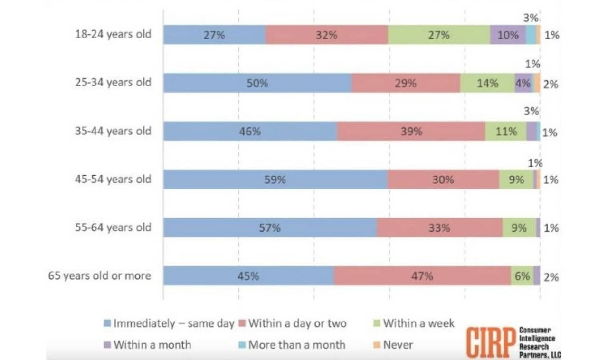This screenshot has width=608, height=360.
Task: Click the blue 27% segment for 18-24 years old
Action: point(214,35)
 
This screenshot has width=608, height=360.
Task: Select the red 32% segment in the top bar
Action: point(326,35)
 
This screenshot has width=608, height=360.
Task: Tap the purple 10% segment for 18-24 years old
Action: point(508,35)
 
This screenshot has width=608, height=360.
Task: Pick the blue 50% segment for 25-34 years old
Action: point(257,83)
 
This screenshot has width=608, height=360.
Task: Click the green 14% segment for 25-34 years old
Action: point(487,83)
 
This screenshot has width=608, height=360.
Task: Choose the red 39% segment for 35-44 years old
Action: point(411,131)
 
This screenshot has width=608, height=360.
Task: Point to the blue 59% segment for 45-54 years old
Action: point(275,180)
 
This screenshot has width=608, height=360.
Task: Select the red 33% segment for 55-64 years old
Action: point(439,228)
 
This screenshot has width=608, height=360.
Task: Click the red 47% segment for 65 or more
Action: point(422,276)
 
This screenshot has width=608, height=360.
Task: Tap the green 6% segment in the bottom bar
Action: point(522,276)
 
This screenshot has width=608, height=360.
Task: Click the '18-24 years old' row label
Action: point(113,34)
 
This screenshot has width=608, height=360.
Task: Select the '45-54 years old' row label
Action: point(113,179)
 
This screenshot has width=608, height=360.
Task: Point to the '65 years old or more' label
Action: point(99,275)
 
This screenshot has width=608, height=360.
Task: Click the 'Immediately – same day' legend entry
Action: point(169,324)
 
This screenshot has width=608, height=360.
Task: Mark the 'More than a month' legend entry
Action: point(292,344)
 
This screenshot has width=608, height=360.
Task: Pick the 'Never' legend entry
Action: point(393,344)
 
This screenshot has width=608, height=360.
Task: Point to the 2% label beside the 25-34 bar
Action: point(551,85)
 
